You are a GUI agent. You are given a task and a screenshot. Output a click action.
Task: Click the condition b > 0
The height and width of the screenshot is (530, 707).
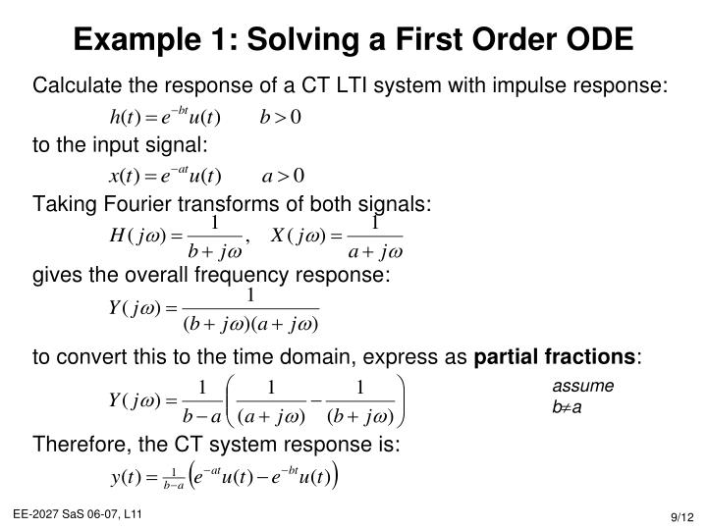click(x=281, y=118)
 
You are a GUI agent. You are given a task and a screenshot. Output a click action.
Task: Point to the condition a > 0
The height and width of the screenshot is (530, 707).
click(x=284, y=177)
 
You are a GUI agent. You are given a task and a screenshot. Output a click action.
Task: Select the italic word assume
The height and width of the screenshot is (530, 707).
click(x=582, y=387)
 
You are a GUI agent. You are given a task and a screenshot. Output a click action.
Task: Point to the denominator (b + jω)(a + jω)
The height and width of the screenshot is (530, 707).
click(x=250, y=323)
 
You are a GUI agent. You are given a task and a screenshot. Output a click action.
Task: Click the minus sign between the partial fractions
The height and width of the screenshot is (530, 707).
click(x=317, y=401)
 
